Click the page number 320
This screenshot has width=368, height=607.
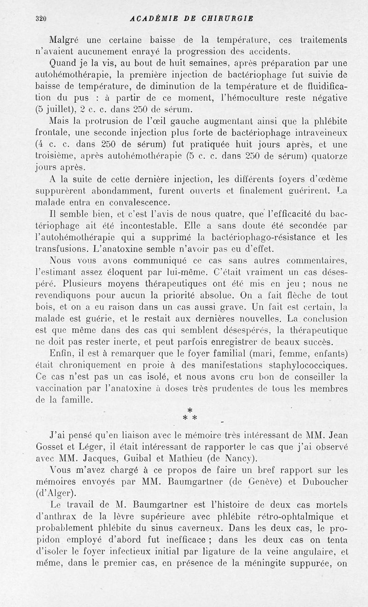41,19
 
